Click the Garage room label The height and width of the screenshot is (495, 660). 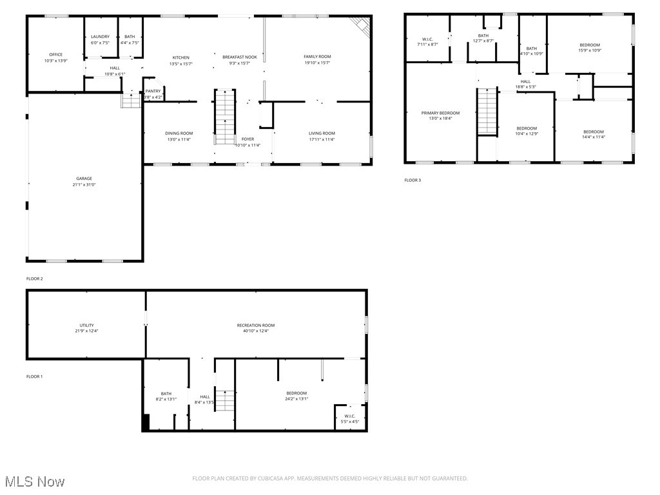click(x=84, y=179)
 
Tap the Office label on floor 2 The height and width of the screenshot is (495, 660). click(x=56, y=55)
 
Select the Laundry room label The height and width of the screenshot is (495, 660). click(x=100, y=37)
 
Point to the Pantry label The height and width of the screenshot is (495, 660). click(x=153, y=92)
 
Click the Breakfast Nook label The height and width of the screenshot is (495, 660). click(x=240, y=57)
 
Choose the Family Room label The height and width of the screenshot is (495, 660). click(x=317, y=57)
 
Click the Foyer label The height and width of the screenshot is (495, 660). click(x=247, y=139)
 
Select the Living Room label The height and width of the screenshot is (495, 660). click(x=321, y=133)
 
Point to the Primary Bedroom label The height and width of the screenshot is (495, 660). click(x=440, y=113)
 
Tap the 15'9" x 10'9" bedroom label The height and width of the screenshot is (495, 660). click(x=589, y=45)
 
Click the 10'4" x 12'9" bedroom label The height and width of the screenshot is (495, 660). click(x=526, y=128)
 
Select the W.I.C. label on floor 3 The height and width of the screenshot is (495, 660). click(x=427, y=39)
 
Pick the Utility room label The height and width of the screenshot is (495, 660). click(x=86, y=325)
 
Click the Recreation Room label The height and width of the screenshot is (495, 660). click(x=255, y=325)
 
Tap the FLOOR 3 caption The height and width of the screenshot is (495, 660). click(x=412, y=180)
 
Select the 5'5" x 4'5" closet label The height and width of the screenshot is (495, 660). click(x=349, y=416)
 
